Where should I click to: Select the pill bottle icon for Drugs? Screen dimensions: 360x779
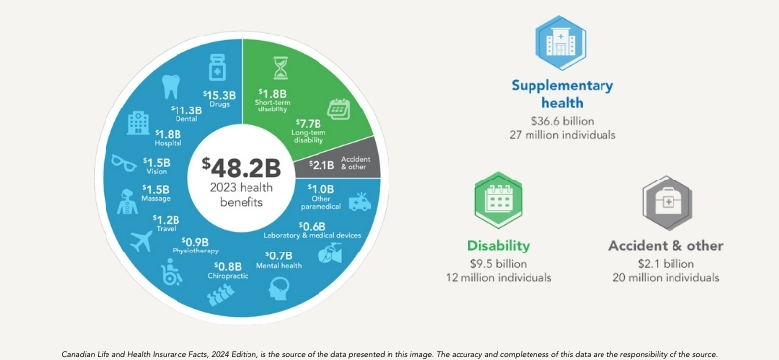[x=216, y=68]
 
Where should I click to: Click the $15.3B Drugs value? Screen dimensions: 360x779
[x=217, y=94]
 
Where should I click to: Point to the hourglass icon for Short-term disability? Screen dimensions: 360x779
[x=280, y=68]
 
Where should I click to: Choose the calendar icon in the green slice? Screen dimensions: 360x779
[x=338, y=108]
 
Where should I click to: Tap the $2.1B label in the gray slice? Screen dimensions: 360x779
[x=321, y=165]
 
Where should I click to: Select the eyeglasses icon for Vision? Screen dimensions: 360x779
[x=123, y=163]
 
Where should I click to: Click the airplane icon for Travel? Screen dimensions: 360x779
[x=140, y=240]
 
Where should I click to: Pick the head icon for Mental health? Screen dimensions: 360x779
[x=279, y=288]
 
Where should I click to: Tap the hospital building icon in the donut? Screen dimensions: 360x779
[x=138, y=121]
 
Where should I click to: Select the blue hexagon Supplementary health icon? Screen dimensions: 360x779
[x=561, y=40]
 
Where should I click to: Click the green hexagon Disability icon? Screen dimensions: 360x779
[x=499, y=201]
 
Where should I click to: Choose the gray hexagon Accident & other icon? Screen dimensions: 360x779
[x=666, y=201]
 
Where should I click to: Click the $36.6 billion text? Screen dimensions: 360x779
[x=562, y=119]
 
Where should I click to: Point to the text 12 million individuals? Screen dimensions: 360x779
[x=498, y=278]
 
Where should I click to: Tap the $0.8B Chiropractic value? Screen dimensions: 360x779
[x=228, y=265]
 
